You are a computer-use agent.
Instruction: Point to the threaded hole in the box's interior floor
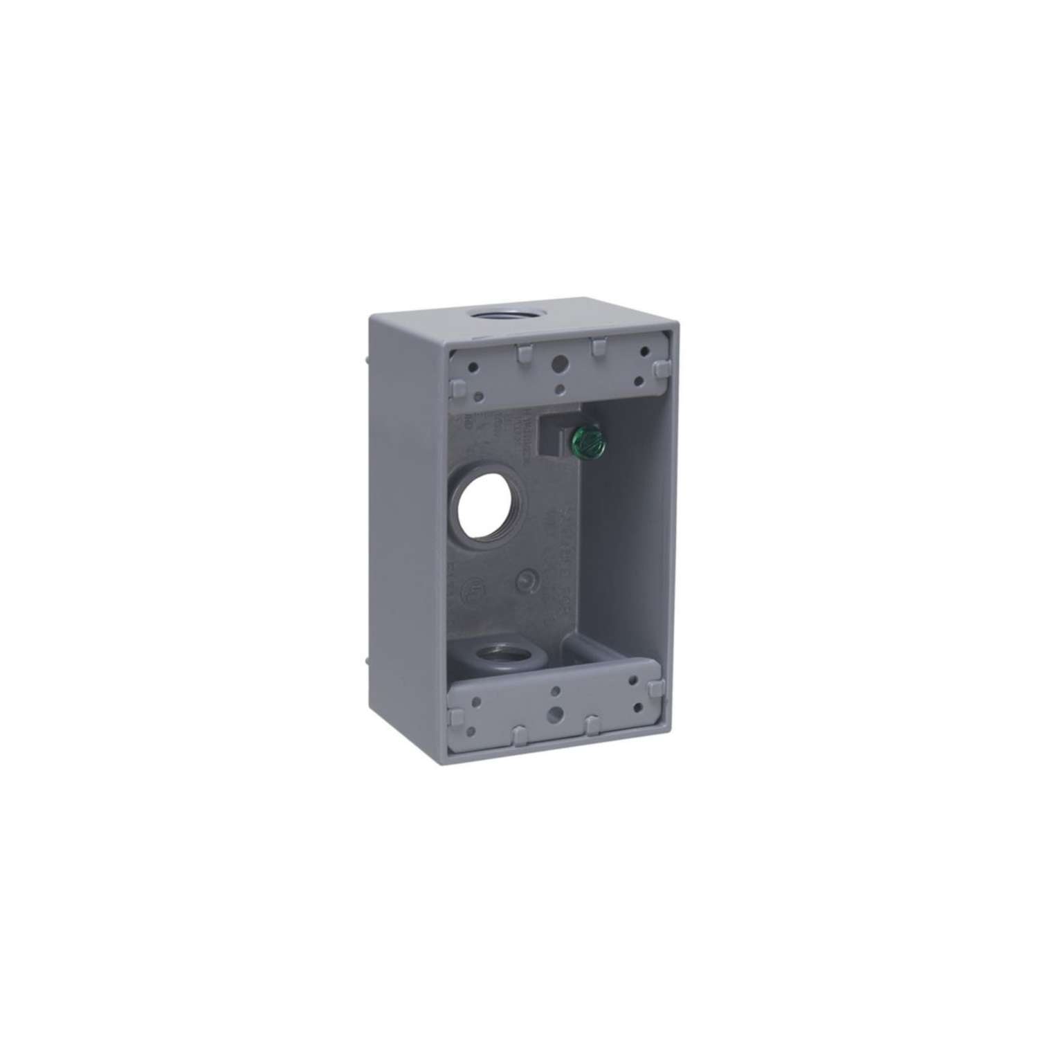[x=495, y=651]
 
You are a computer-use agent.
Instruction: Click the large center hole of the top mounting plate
[x=558, y=363]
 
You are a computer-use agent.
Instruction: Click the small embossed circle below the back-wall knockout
[x=528, y=579]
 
